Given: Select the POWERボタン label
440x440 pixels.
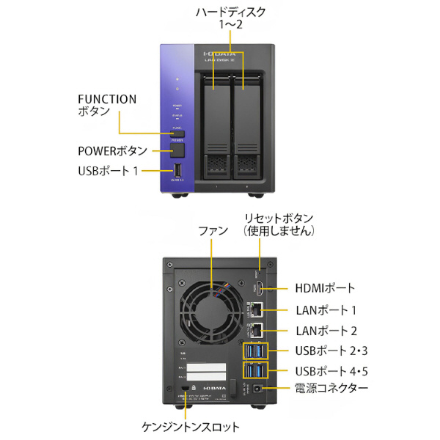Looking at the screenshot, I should point(113,150).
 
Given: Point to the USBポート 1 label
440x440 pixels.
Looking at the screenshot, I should point(108,171).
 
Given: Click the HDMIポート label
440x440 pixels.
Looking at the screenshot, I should point(325,288).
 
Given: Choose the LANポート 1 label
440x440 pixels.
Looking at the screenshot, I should point(325,309).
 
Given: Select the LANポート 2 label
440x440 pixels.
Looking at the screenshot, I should point(326,330).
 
